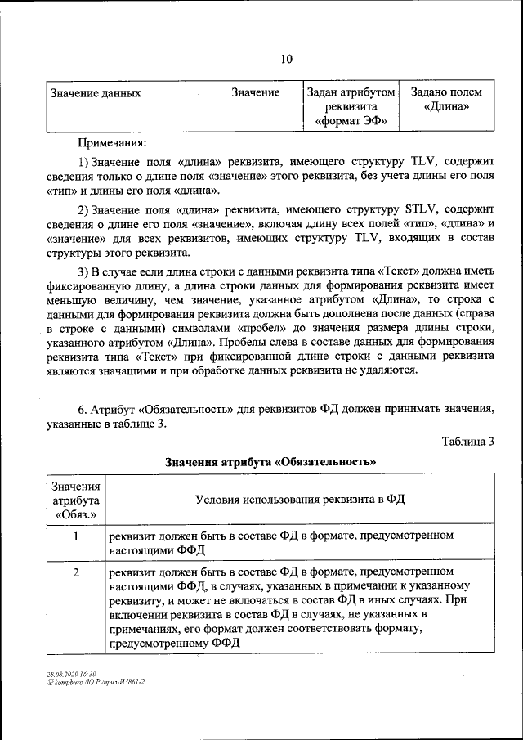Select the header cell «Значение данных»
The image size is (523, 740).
tap(96, 93)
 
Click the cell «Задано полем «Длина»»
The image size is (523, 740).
tap(446, 100)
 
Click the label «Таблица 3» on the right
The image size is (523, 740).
tap(468, 442)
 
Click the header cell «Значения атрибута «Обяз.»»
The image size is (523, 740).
tap(76, 500)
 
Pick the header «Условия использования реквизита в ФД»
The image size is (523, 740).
tap(301, 500)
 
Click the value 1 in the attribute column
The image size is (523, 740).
tap(76, 537)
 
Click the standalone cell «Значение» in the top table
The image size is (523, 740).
tap(255, 93)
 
